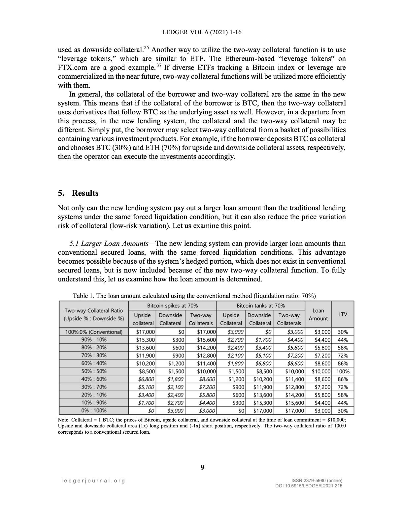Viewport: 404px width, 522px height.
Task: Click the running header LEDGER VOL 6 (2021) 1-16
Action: click(x=202, y=32)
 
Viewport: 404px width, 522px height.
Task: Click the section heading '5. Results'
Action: click(x=78, y=193)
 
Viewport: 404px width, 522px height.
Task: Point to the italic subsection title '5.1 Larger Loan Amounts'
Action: click(x=108, y=244)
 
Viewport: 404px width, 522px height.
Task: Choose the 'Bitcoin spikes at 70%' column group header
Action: click(x=172, y=306)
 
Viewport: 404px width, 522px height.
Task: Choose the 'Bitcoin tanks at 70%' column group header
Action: click(x=260, y=306)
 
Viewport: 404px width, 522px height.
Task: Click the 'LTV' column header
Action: click(x=343, y=314)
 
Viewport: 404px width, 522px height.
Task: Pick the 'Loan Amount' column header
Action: click(x=318, y=314)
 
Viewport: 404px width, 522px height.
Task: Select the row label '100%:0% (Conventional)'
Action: click(x=94, y=332)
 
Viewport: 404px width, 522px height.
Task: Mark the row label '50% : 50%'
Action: click(x=94, y=371)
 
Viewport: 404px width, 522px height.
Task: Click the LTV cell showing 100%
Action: click(x=343, y=371)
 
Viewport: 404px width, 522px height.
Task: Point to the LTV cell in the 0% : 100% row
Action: click(x=343, y=411)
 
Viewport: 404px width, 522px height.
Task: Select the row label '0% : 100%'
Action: click(x=94, y=411)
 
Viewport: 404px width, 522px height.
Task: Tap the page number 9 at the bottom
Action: click(x=202, y=467)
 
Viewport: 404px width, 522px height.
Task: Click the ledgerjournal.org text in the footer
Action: click(x=93, y=481)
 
